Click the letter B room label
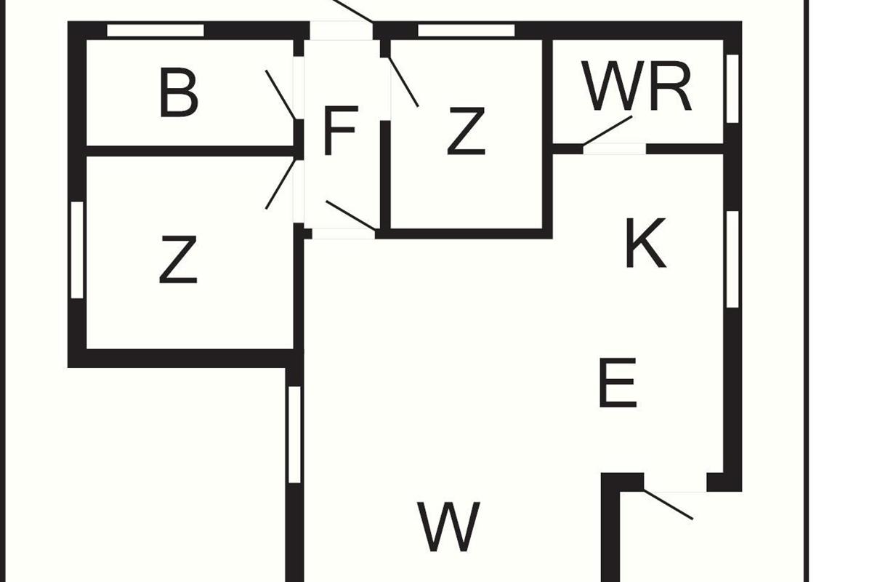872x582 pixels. click(178, 93)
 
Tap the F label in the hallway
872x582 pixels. click(339, 132)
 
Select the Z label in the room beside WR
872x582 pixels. click(465, 132)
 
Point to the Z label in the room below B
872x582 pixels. click(178, 261)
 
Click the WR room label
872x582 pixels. click(637, 87)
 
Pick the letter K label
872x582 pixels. click(645, 244)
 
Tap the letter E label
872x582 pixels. click(618, 383)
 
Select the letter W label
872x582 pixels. click(449, 525)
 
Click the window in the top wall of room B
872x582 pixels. click(156, 31)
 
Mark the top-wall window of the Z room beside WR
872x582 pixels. click(467, 31)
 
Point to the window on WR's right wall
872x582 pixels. click(732, 88)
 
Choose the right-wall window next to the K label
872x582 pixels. click(732, 258)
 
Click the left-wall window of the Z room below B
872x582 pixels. click(77, 249)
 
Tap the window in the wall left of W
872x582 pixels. click(294, 434)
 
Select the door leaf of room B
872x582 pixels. click(280, 95)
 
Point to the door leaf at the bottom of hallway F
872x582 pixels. click(350, 216)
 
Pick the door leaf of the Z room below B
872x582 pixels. click(280, 183)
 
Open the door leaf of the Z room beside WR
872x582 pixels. click(404, 81)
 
